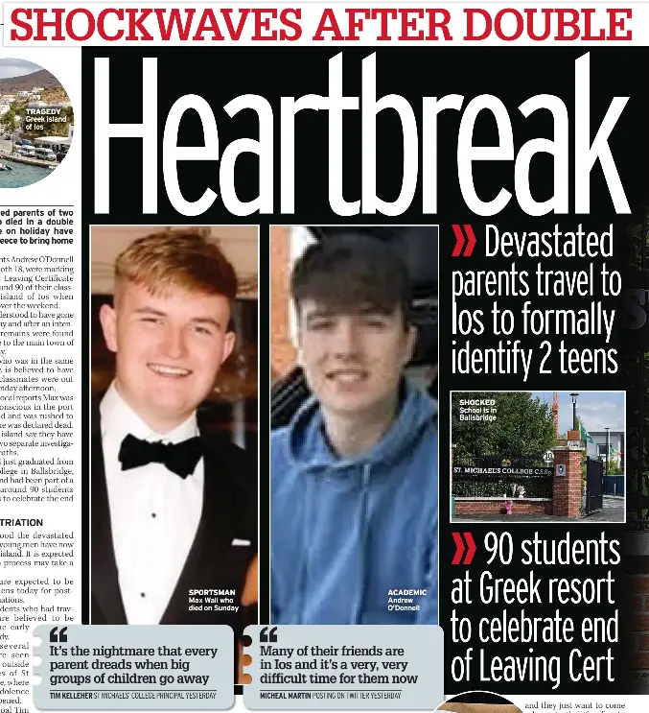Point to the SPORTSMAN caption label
(x=211, y=592)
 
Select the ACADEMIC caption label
(x=406, y=592)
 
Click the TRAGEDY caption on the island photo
(x=44, y=111)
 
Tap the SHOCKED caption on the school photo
(x=476, y=403)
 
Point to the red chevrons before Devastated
(x=464, y=242)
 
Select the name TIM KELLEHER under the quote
(x=70, y=694)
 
